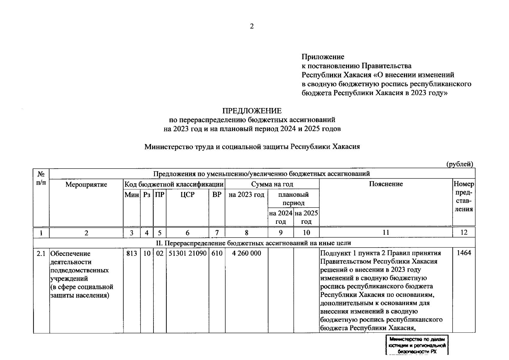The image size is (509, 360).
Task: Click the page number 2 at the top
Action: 252,26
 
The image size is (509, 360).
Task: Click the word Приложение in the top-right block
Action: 323,57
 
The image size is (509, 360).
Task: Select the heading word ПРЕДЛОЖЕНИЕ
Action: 252,111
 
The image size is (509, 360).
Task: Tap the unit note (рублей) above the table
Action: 460,164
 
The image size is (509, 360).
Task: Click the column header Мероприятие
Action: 86,184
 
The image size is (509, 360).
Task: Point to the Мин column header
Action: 132,195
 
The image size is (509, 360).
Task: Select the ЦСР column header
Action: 187,195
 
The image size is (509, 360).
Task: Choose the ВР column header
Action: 217,195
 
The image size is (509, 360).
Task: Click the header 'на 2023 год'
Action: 246,195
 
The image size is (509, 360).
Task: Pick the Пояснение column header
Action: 386,184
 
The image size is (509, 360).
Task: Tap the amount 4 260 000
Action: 246,253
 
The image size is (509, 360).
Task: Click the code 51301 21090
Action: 187,253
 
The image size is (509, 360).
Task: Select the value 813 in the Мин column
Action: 132,253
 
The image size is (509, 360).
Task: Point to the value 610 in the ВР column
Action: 217,253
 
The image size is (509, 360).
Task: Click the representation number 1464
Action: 464,253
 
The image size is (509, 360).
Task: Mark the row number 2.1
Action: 41,253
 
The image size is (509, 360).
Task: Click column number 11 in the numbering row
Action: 386,232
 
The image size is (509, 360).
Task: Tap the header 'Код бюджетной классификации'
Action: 174,184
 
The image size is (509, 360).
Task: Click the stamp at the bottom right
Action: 417,346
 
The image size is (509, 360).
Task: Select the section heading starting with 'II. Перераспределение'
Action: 254,243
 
